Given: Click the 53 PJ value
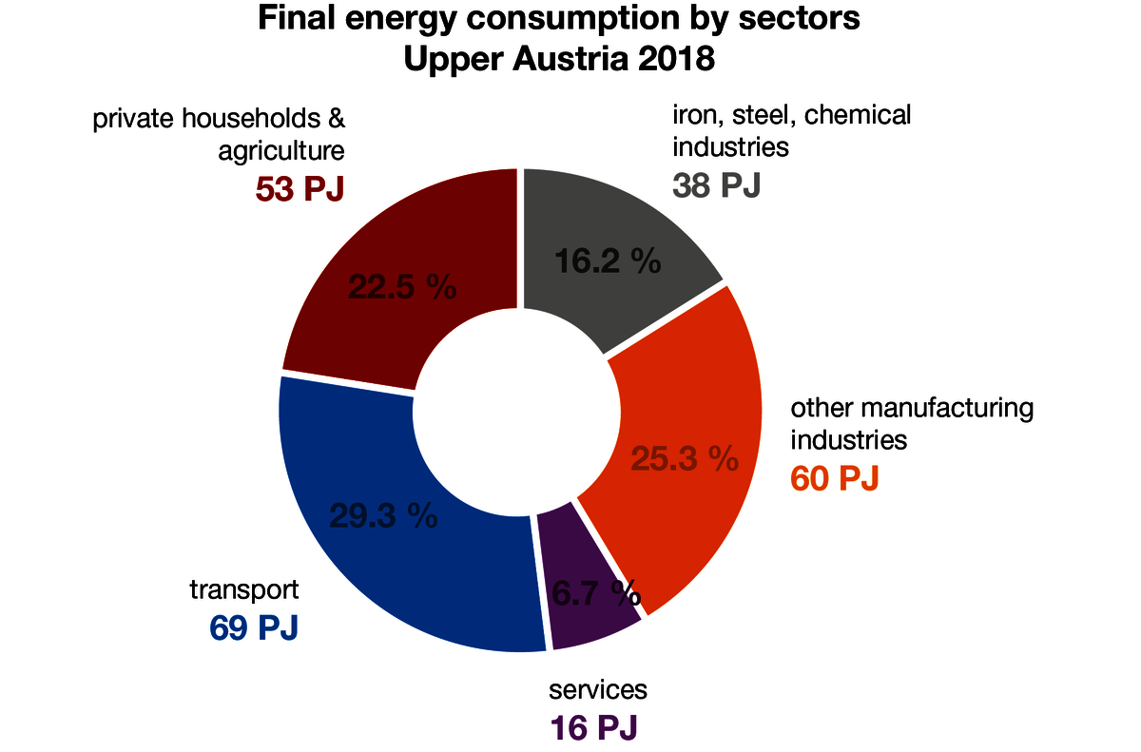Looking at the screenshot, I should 300,188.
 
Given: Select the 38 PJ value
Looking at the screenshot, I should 717,184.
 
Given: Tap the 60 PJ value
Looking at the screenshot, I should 835,478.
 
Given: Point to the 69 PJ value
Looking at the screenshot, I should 254,627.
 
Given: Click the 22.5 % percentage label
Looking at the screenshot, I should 402,287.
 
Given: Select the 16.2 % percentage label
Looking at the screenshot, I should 608,260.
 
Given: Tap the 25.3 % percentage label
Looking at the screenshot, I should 685,459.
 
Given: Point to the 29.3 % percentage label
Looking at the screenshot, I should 383,516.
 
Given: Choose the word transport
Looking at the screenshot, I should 244,589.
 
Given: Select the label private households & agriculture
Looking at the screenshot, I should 218,134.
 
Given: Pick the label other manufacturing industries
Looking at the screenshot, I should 911,424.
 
